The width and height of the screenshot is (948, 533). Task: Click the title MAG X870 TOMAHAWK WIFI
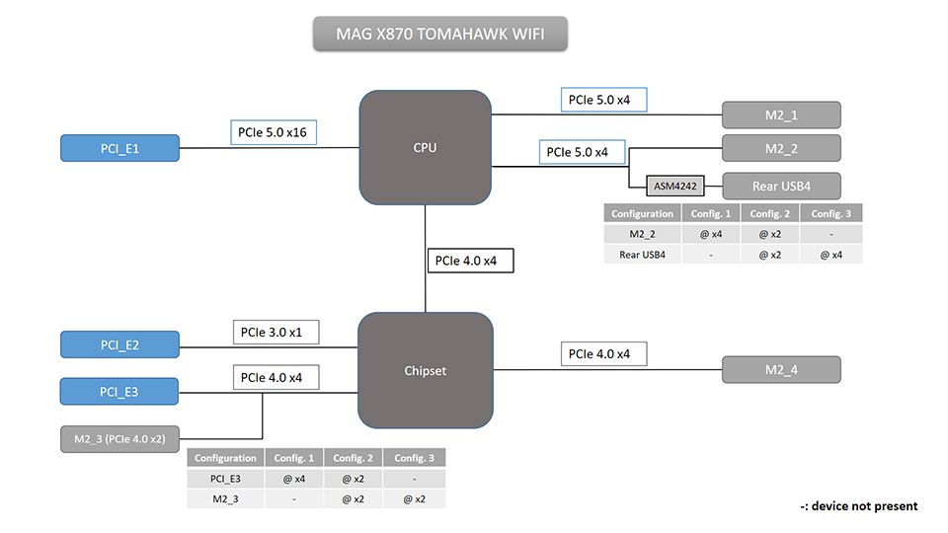pos(439,35)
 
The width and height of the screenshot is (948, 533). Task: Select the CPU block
pos(425,148)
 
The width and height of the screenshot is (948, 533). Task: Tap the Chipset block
pos(425,371)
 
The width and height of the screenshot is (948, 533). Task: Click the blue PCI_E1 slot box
pos(119,149)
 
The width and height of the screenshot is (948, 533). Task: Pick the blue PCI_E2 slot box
pos(119,344)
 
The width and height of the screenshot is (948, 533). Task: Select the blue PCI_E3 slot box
pos(119,391)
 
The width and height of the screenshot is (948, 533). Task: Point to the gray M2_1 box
pos(781,115)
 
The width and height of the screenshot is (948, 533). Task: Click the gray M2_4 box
pos(781,370)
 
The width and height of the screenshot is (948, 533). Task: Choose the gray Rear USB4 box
pos(781,186)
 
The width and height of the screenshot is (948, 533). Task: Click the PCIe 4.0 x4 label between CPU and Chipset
pos(470,262)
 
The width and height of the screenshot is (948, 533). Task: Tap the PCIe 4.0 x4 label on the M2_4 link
pos(602,353)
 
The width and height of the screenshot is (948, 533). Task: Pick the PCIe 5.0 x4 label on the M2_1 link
pos(602,100)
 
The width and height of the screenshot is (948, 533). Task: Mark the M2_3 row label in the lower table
pos(225,499)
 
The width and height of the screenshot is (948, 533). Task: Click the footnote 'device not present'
pos(858,506)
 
